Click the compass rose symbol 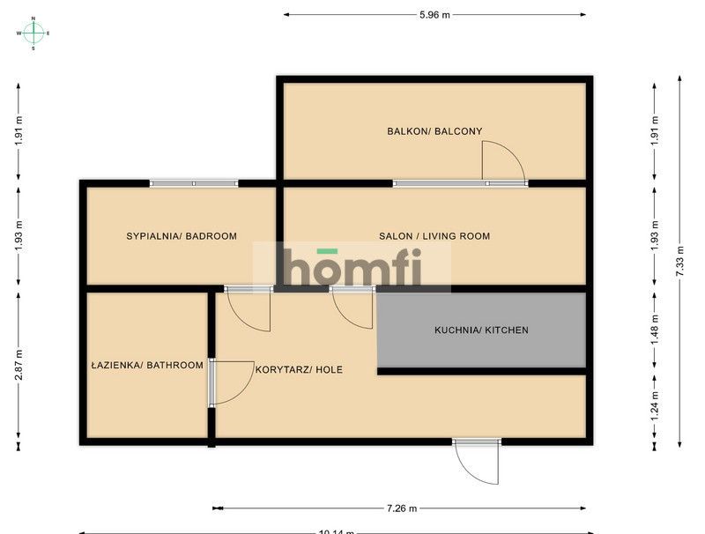pyautogui.click(x=33, y=33)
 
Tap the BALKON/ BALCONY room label pyautogui.click(x=434, y=131)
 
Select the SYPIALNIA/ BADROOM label pyautogui.click(x=182, y=236)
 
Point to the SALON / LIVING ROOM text pyautogui.click(x=434, y=236)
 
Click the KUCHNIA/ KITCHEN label pyautogui.click(x=481, y=330)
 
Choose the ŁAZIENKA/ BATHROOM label pyautogui.click(x=147, y=365)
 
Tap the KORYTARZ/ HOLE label pyautogui.click(x=299, y=370)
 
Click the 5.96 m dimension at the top pyautogui.click(x=434, y=14)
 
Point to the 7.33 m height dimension pyautogui.click(x=679, y=262)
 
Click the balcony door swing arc pyautogui.click(x=502, y=162)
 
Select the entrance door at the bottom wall pyautogui.click(x=477, y=461)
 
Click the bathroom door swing pyautogui.click(x=231, y=383)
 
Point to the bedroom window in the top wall pyautogui.click(x=194, y=183)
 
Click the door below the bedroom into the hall pyautogui.click(x=249, y=308)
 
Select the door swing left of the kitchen pyautogui.click(x=352, y=309)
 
